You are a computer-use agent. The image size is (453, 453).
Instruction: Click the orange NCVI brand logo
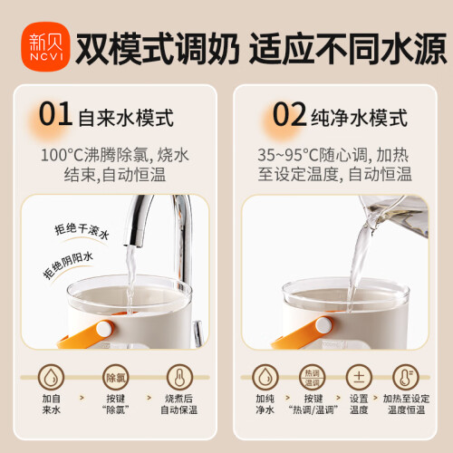(x=45, y=46)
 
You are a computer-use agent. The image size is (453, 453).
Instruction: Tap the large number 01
(x=55, y=114)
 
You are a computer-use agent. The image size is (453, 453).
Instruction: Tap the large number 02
(x=290, y=114)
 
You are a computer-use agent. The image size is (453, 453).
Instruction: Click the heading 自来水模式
(x=126, y=118)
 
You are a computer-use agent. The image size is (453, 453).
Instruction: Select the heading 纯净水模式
(x=360, y=118)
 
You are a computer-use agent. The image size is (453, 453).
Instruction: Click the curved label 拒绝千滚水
(x=82, y=231)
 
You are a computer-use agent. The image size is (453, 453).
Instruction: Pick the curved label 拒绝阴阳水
(x=68, y=265)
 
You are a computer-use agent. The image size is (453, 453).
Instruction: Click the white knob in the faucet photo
(x=104, y=329)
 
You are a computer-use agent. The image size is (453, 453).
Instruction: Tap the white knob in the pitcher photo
(x=323, y=325)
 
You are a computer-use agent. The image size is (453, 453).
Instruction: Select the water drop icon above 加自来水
(x=51, y=378)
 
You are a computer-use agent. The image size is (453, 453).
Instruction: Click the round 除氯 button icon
(x=116, y=378)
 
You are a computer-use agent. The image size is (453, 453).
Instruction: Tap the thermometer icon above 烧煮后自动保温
(x=179, y=378)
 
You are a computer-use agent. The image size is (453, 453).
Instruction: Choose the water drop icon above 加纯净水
(x=265, y=378)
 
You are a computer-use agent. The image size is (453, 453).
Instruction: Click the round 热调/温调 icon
(x=313, y=378)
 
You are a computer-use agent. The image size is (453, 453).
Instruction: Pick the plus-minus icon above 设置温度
(x=359, y=378)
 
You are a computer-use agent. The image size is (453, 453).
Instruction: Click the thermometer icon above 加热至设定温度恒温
(x=406, y=378)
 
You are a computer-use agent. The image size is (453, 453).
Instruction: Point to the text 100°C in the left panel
(x=62, y=155)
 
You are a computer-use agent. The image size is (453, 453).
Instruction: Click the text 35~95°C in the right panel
(x=288, y=155)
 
